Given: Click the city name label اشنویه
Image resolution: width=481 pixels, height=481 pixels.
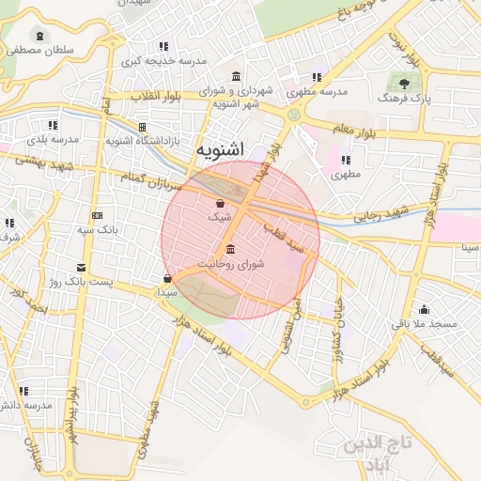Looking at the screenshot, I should (x=221, y=149).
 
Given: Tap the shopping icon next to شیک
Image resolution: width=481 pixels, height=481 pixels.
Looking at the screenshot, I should (x=220, y=203).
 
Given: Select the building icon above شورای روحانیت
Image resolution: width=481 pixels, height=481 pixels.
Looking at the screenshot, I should (x=231, y=249).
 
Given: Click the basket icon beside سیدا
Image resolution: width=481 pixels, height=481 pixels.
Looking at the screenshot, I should (x=167, y=278).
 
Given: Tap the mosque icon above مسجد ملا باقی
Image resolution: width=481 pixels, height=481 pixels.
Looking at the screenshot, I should (x=425, y=310).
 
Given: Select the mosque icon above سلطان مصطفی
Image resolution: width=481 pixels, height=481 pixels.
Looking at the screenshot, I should (x=38, y=36).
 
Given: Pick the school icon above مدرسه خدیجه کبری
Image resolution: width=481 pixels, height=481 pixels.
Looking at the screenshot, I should (x=163, y=46).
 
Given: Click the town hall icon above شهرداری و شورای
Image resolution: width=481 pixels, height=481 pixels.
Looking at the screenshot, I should (x=234, y=76).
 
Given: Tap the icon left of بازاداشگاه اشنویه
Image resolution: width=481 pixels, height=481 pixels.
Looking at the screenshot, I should (x=142, y=127).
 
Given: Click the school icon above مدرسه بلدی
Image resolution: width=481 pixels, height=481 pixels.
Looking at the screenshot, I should (x=52, y=125).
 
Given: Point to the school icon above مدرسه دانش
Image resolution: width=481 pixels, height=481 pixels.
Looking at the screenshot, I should (x=23, y=391).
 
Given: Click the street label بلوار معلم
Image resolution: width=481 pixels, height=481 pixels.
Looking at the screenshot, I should (x=352, y=131).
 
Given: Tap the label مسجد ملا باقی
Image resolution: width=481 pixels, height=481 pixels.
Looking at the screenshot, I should (x=424, y=324).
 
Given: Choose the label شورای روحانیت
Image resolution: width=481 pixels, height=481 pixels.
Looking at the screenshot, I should (x=232, y=264).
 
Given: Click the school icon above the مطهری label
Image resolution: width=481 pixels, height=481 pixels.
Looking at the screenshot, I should (x=346, y=160).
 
